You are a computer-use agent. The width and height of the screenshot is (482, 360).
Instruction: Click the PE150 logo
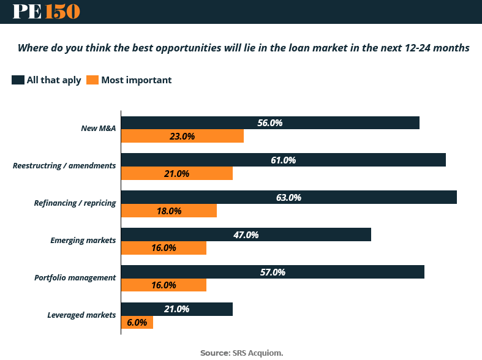tap(46, 12)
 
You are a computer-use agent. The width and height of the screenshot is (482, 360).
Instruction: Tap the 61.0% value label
tap(283, 160)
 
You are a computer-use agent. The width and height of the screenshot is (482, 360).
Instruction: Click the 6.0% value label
tap(137, 322)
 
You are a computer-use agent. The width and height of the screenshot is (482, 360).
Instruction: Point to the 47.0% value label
tap(246, 234)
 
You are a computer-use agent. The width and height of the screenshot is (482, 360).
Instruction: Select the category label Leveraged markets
tap(81, 315)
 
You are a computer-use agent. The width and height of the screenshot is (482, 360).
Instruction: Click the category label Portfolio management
tap(75, 278)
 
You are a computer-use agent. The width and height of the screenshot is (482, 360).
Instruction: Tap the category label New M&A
tap(99, 129)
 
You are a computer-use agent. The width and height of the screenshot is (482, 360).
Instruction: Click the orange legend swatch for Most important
tap(92, 80)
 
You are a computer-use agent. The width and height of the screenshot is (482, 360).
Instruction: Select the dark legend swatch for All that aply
tap(18, 80)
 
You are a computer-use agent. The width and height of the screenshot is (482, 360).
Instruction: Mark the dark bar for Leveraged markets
tap(176, 309)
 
